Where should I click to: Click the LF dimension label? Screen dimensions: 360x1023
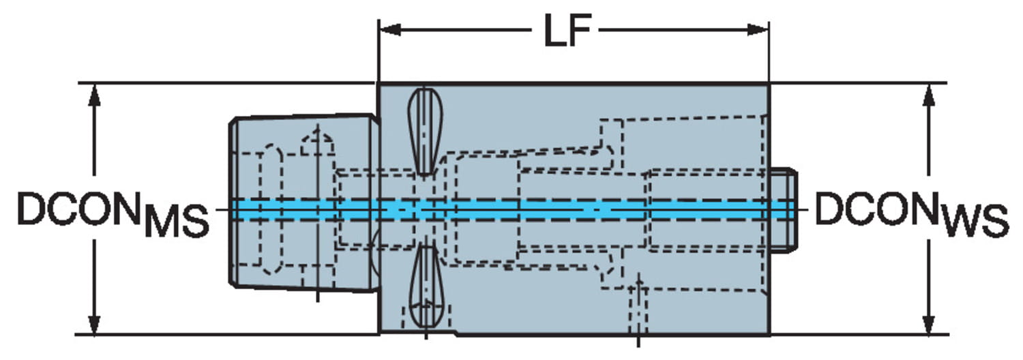pyautogui.click(x=566, y=32)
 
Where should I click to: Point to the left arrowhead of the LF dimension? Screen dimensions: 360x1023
pyautogui.click(x=389, y=30)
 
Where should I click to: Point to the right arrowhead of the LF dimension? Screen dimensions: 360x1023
pyautogui.click(x=758, y=30)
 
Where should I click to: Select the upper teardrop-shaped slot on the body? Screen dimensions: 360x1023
pyautogui.click(x=424, y=130)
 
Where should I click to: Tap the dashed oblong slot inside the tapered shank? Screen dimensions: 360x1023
pyautogui.click(x=272, y=208)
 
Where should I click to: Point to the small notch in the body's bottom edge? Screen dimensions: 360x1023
pyautogui.click(x=453, y=334)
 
